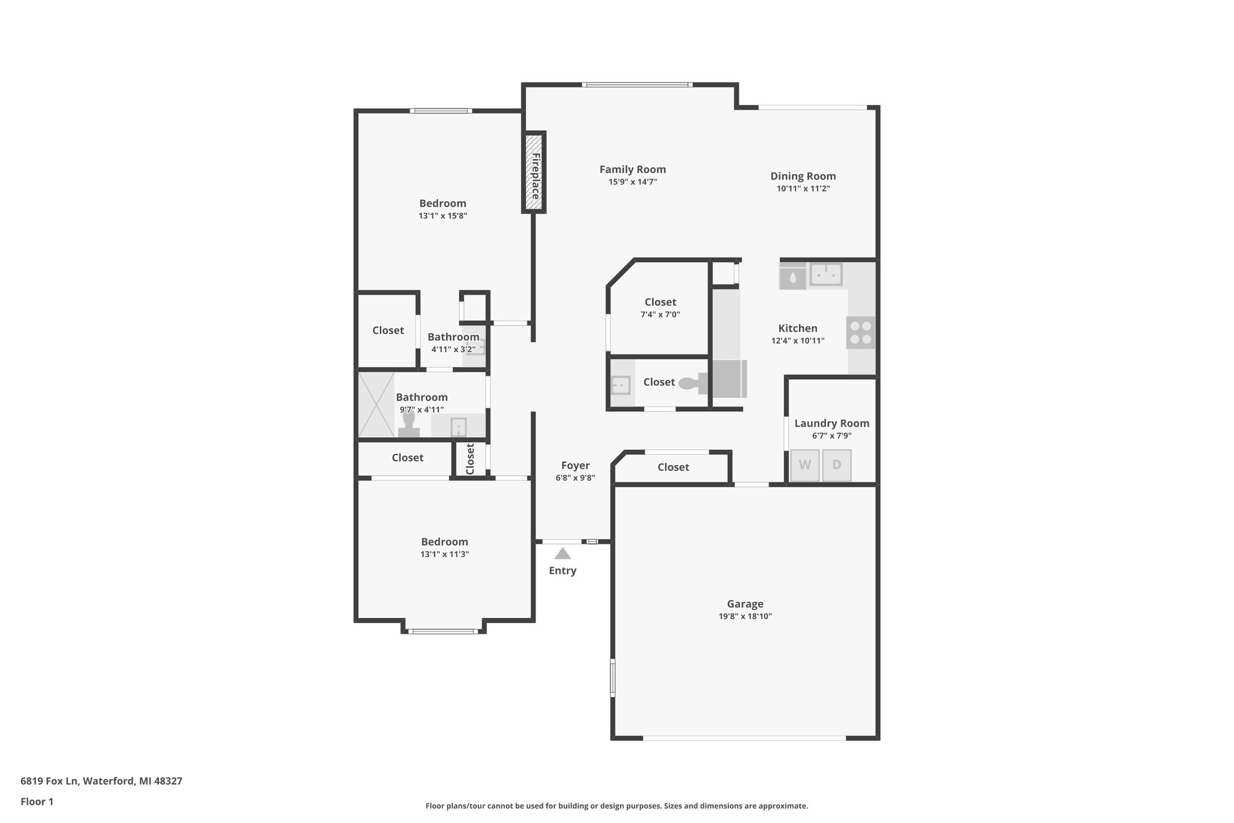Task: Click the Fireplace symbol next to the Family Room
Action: coord(534,172)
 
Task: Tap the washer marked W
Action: coord(805,465)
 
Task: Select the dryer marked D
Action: coord(837,465)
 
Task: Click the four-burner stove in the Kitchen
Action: coord(860,333)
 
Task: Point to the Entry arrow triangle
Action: coord(562,553)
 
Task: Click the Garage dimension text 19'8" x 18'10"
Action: coord(745,616)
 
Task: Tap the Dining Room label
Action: coord(803,176)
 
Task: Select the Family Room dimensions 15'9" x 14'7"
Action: coord(632,181)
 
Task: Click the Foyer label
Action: coord(575,465)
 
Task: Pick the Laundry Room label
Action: coord(832,423)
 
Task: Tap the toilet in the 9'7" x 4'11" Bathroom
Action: coord(409,424)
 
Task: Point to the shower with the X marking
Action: coord(376,405)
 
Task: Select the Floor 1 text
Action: coord(37,801)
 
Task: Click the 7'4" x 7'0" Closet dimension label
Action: coord(660,314)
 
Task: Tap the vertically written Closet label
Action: coord(471,459)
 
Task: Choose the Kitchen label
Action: coord(798,328)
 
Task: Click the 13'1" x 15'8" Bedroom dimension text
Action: coord(443,216)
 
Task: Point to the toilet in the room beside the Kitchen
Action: coord(693,382)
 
